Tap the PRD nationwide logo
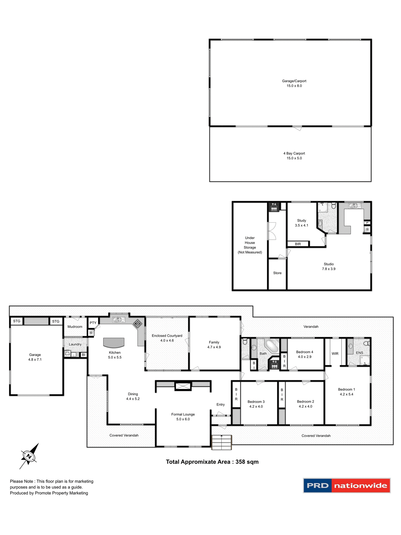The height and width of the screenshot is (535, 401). [347, 485]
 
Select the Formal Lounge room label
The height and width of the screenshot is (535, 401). [183, 417]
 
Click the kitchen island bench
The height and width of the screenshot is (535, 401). [114, 342]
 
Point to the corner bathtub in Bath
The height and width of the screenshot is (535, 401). [272, 346]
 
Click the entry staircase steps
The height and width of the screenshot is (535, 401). [222, 442]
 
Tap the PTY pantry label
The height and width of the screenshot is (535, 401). [93, 323]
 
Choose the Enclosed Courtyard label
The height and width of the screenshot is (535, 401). [167, 338]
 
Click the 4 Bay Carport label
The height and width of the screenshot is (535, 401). [294, 155]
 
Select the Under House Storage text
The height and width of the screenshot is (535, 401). [250, 245]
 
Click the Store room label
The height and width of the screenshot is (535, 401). [277, 273]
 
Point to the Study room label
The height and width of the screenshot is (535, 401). [302, 223]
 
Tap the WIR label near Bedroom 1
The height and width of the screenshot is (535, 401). [335, 354]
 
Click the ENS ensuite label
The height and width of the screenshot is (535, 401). [360, 353]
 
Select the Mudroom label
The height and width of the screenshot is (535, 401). [75, 327]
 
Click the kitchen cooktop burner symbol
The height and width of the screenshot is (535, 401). [138, 324]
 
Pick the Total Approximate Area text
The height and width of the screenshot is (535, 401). [212, 462]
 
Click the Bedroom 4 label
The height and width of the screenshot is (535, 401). [305, 354]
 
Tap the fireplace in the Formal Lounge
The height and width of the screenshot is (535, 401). [183, 386]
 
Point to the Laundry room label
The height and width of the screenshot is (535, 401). [75, 344]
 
